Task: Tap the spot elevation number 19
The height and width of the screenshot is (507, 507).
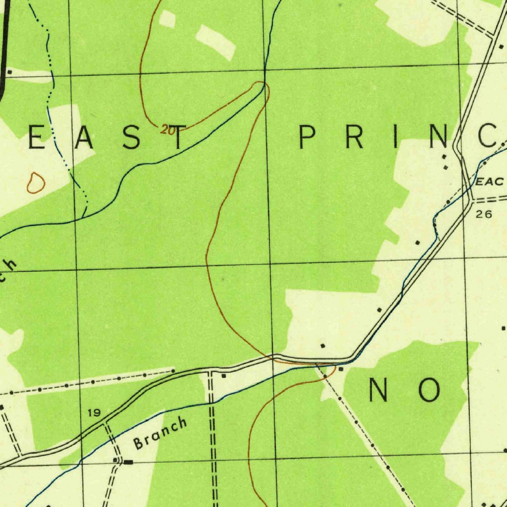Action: coord(94,412)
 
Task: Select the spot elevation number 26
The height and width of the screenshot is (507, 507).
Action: coord(484,214)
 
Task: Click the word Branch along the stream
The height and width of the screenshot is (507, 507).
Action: coord(161,433)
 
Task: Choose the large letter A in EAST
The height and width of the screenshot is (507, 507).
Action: coord(83,137)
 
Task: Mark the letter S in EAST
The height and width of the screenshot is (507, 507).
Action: coord(131,137)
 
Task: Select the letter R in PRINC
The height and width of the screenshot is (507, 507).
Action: coord(355,137)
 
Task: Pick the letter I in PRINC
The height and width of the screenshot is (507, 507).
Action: coord(395,137)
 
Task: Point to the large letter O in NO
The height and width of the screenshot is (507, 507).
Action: coord(429,390)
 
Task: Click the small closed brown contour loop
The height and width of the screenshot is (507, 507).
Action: coord(35,183)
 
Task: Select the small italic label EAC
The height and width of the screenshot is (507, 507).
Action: coord(489,182)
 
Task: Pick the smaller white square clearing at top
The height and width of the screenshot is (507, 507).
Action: coord(167,19)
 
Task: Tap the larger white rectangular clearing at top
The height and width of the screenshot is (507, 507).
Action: coord(215,42)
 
